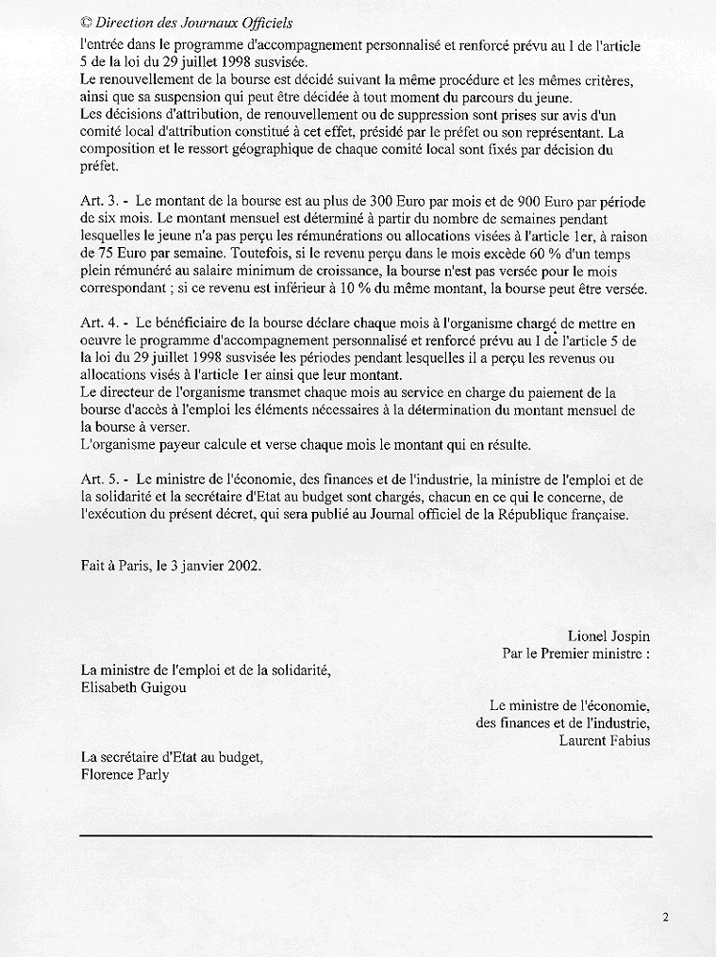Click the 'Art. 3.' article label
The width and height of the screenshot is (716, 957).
tap(102, 201)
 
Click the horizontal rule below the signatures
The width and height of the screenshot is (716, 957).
tap(366, 836)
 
